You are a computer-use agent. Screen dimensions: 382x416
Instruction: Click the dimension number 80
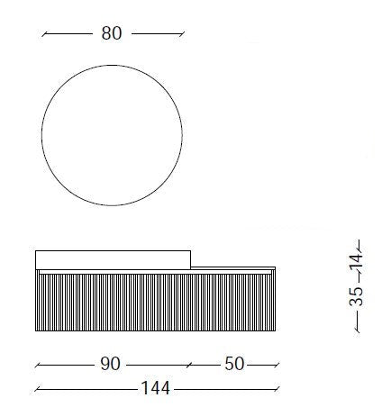tap(112, 33)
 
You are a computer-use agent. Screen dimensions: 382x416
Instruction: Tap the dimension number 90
tap(110, 364)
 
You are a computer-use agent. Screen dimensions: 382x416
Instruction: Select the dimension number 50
tap(234, 364)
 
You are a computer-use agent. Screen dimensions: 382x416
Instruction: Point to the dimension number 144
tap(155, 388)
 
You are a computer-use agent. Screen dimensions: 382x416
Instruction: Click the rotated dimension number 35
tap(356, 296)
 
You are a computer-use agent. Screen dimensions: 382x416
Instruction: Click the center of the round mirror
tap(112, 135)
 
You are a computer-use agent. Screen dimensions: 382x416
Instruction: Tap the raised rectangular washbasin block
tap(113, 259)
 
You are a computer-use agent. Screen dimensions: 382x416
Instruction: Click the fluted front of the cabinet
tap(155, 303)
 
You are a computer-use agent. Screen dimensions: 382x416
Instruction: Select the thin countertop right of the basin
tap(233, 267)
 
